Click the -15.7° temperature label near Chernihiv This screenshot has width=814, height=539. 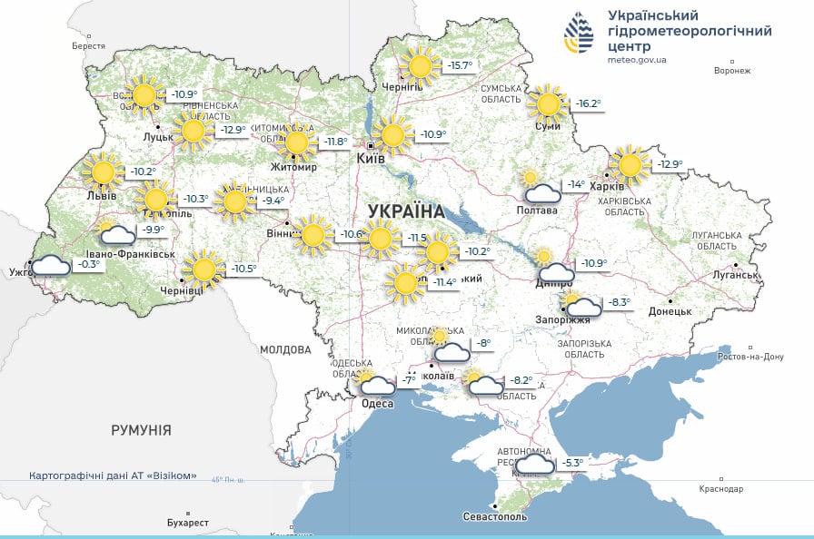[x=460, y=65]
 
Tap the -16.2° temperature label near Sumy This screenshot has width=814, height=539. [x=588, y=103]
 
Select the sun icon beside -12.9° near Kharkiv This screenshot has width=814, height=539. [x=629, y=165]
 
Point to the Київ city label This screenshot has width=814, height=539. [x=371, y=158]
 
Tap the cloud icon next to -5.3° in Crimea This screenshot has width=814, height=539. [x=536, y=464]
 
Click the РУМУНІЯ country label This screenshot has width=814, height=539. [x=141, y=430]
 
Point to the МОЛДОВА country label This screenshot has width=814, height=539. [x=285, y=349]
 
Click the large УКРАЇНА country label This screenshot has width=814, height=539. [x=406, y=211]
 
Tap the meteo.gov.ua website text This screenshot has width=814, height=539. [x=638, y=60]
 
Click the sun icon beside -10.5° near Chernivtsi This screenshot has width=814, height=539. [x=203, y=269]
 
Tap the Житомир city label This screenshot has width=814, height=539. [x=292, y=167]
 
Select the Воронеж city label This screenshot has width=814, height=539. [x=732, y=71]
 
